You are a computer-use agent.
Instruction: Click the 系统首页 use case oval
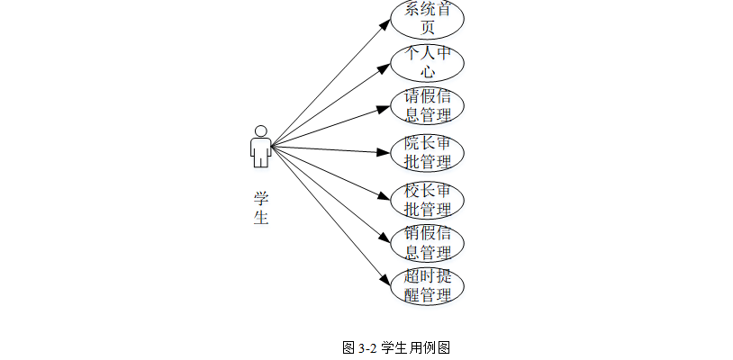pos(428,19)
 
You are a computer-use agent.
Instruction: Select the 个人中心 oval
pos(428,62)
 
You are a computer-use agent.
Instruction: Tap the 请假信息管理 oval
pos(428,105)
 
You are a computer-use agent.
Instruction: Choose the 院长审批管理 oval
pos(428,152)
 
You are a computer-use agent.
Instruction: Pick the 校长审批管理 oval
pos(428,200)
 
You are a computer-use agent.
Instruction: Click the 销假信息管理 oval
pos(428,243)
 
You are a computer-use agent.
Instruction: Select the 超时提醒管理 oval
pos(428,286)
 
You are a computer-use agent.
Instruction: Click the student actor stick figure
pos(260,147)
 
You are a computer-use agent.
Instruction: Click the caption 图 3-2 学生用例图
pos(395,347)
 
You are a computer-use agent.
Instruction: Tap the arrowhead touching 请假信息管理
pos(385,107)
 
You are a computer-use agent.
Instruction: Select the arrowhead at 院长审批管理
pos(385,152)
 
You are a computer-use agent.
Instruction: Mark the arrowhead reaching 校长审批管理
pos(385,198)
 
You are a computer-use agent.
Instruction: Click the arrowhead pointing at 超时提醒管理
pos(385,283)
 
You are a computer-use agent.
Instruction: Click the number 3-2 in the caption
pos(368,347)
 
